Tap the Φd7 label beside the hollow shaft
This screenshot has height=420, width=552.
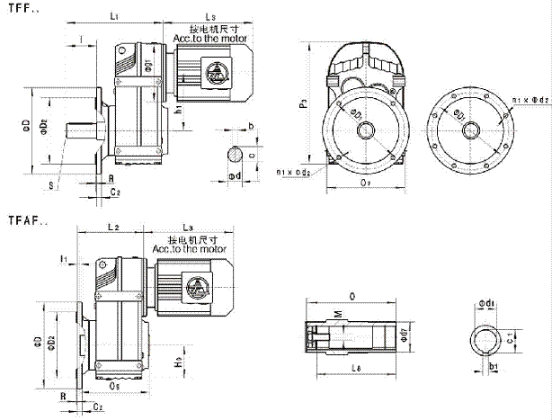[x=405, y=336]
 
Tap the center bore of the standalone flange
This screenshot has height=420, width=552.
[x=468, y=130]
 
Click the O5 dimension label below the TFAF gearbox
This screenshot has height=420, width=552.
[x=114, y=388]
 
